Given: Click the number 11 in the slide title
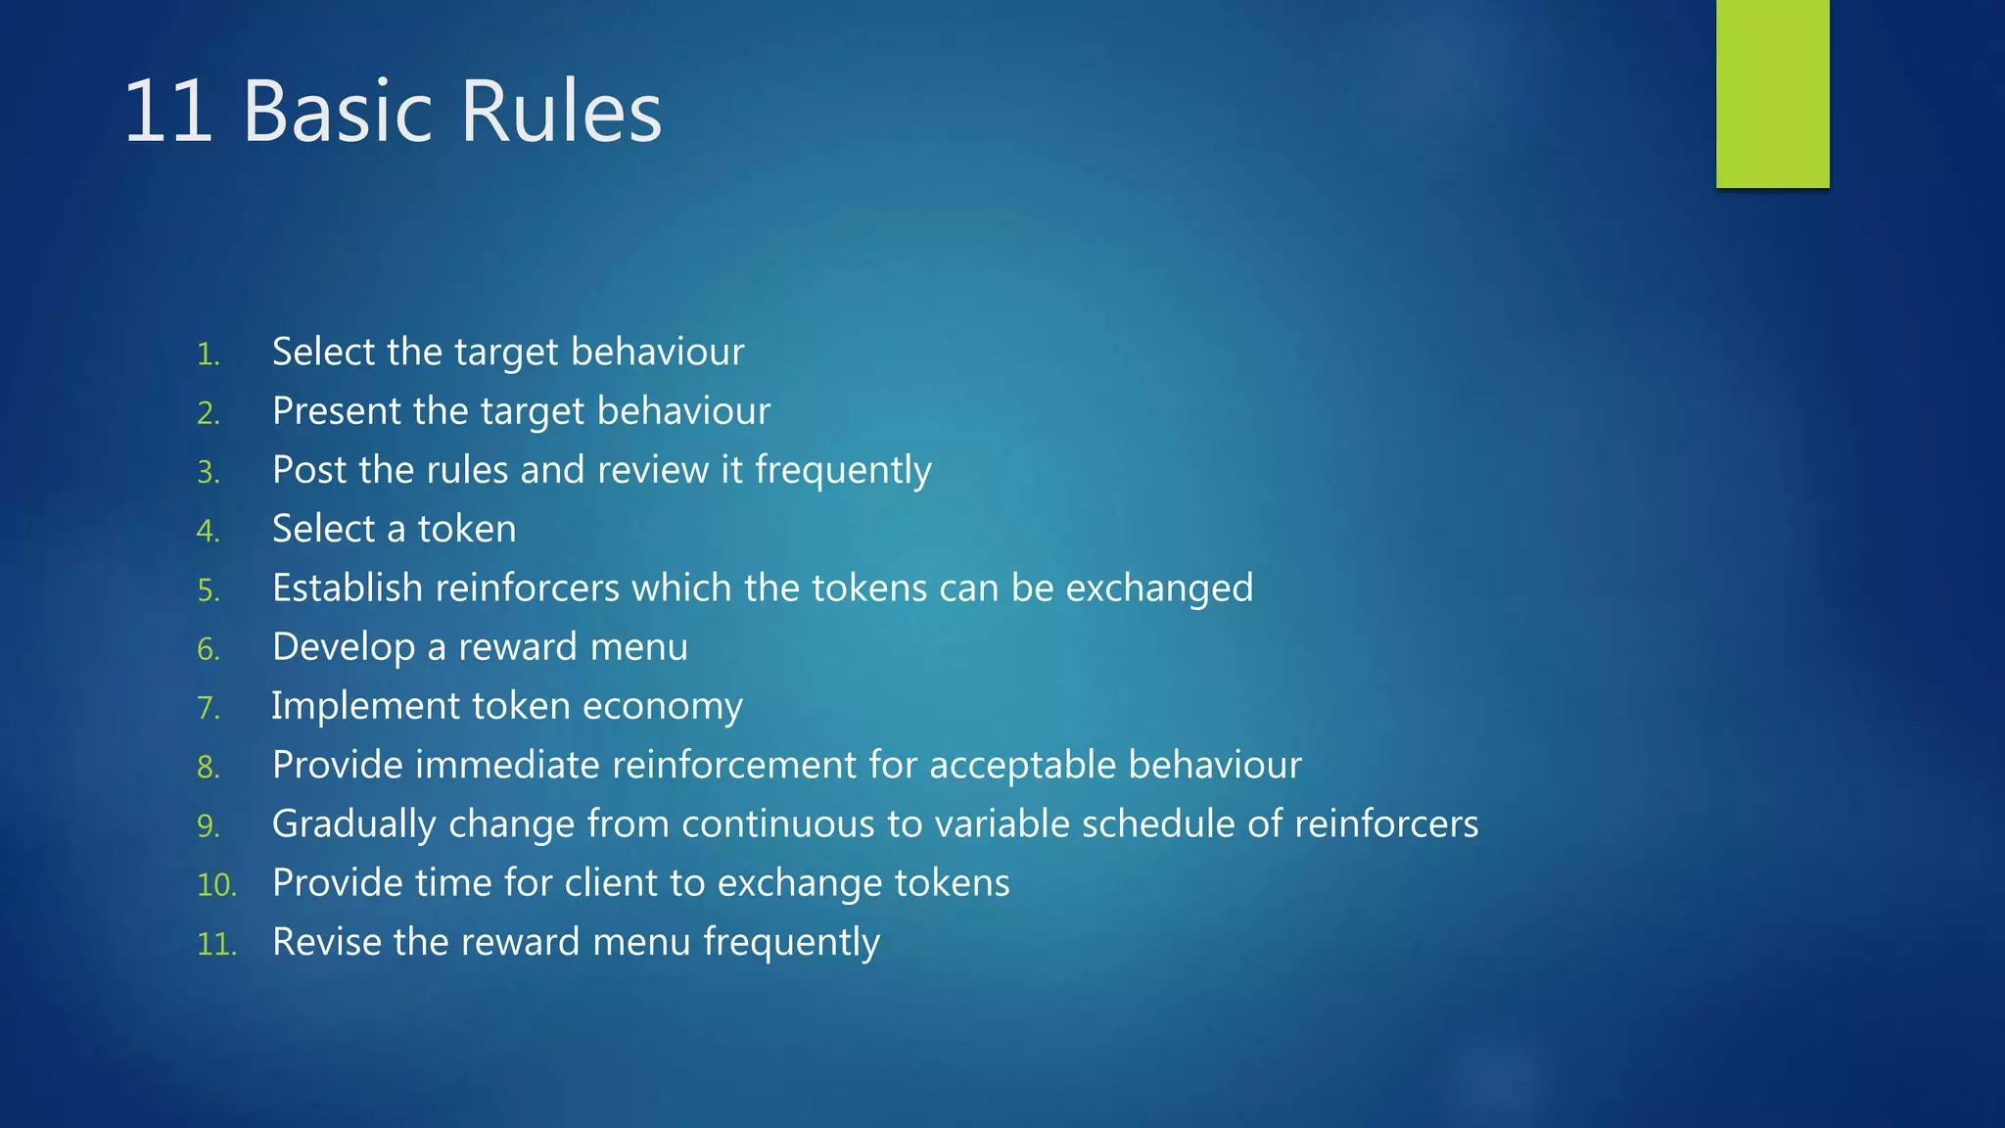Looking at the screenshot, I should point(167,112).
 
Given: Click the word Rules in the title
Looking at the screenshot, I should point(561,112).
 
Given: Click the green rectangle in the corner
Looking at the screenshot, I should point(1772,93).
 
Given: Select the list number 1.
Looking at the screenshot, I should point(208,354).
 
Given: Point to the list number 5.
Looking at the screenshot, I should point(208,590).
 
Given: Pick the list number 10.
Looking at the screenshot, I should point(216,885).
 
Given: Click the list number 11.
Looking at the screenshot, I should point(216,944).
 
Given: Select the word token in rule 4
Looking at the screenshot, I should point(467,530).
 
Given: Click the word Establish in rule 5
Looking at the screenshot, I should point(348,588).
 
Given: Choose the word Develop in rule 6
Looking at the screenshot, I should point(344,648).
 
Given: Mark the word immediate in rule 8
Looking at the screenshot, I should point(507,765).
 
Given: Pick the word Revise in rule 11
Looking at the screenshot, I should point(327,942).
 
